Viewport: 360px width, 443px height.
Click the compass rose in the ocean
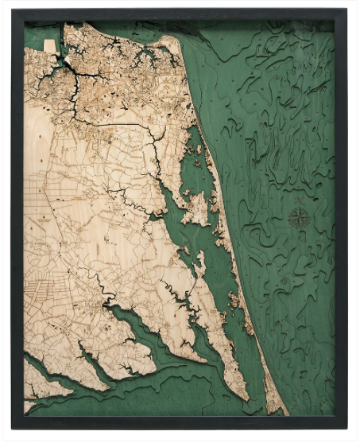[300, 219]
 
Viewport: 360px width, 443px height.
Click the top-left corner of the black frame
[14, 11]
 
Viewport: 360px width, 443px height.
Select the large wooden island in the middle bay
[195, 208]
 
